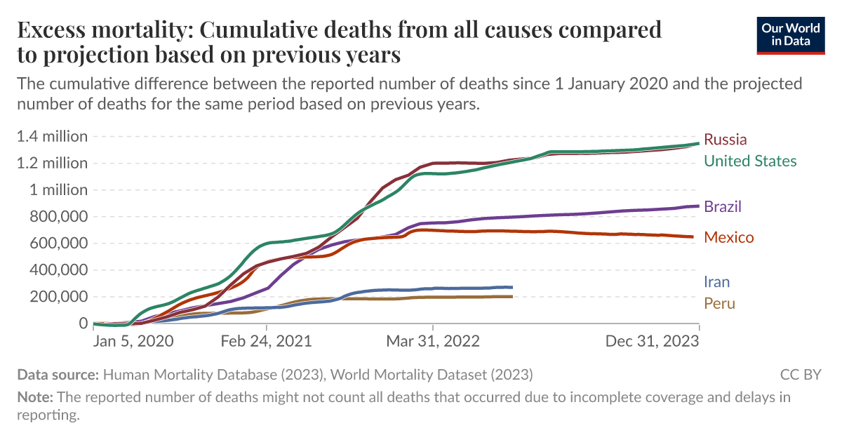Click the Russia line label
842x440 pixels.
tap(725, 139)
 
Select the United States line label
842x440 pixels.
tap(750, 161)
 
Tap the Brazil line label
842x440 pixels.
tap(723, 207)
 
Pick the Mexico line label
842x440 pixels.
tap(728, 238)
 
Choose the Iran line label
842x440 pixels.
tap(717, 282)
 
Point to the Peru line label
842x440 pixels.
tap(719, 304)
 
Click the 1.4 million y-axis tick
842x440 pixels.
tap(53, 136)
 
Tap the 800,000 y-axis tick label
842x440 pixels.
tap(53, 217)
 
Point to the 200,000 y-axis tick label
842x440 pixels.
tap(53, 297)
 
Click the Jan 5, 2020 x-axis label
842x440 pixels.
tap(133, 341)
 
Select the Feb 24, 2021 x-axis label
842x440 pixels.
tap(267, 341)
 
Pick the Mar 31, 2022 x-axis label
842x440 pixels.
tap(433, 341)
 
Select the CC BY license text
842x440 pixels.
tap(800, 374)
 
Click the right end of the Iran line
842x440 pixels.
tap(512, 287)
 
